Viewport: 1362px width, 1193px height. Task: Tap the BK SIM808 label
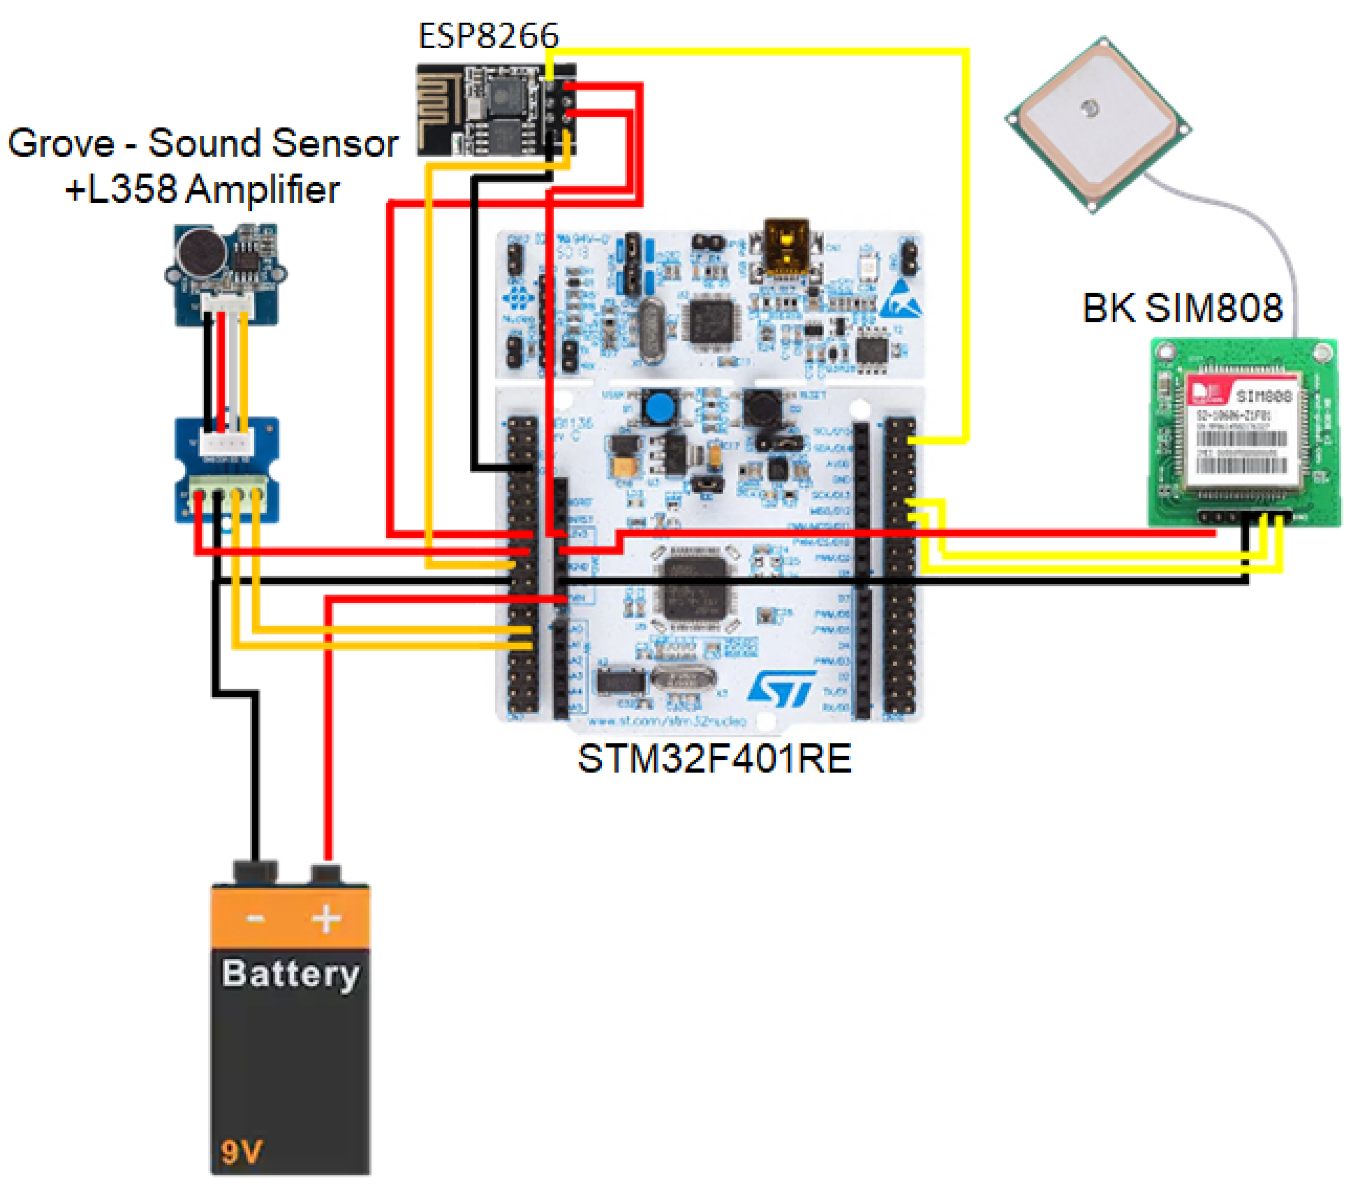click(1182, 308)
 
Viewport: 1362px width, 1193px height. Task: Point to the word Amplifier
click(262, 190)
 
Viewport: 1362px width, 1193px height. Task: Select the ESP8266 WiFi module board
click(496, 110)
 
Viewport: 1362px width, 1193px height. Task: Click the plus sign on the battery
click(326, 919)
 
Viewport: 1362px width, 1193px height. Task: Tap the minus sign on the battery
click(255, 919)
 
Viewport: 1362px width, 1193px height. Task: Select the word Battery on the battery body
click(290, 975)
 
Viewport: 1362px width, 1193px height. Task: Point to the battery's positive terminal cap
click(326, 873)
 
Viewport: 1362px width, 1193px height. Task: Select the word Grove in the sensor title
click(61, 144)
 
